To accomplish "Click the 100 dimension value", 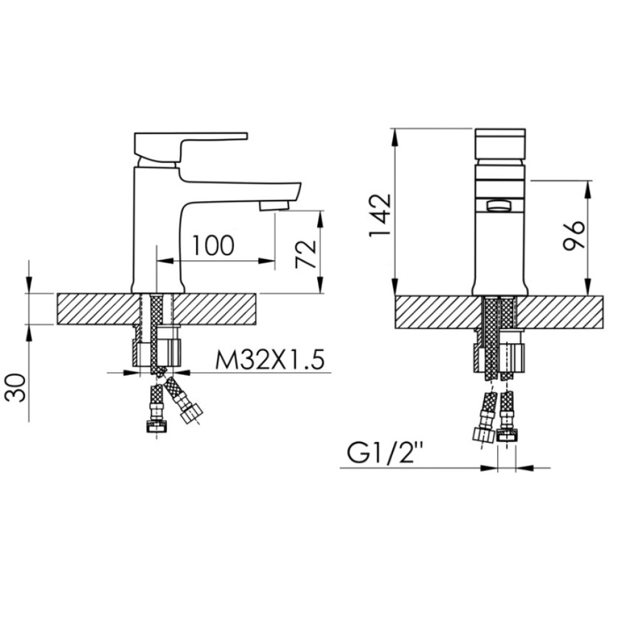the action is pyautogui.click(x=213, y=245).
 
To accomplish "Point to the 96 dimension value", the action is pyautogui.click(x=574, y=235).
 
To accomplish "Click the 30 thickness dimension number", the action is pyautogui.click(x=16, y=388).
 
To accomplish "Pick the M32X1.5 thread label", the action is pyautogui.click(x=270, y=360).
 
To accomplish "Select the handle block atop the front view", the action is pyautogui.click(x=500, y=144).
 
